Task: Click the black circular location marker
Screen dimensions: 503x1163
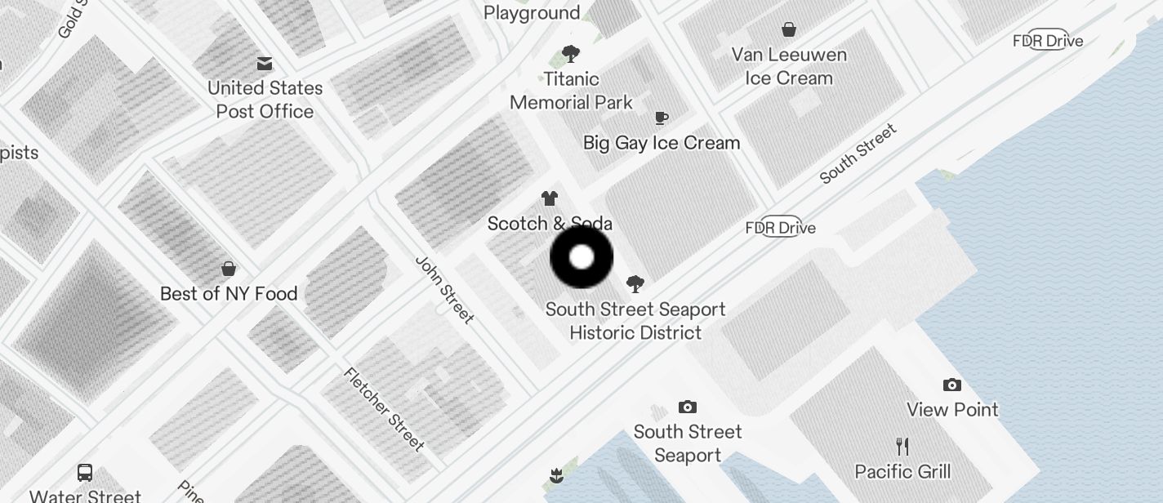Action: (581, 257)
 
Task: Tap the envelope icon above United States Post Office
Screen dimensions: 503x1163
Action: (265, 64)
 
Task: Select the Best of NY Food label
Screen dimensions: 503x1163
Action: (229, 294)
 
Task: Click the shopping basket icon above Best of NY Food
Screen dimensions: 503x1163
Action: (229, 269)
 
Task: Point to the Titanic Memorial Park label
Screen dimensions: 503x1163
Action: (571, 91)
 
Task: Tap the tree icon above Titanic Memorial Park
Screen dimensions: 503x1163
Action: (571, 55)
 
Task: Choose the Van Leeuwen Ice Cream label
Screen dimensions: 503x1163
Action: (789, 66)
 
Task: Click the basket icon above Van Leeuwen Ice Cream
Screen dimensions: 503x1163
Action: (789, 30)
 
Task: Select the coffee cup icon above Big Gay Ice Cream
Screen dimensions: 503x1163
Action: (662, 118)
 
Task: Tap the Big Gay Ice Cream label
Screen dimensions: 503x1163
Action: (662, 143)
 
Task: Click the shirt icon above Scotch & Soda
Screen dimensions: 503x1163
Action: (550, 198)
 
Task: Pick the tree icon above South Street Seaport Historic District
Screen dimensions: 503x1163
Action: (635, 284)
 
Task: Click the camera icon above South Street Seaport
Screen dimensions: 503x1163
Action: (688, 407)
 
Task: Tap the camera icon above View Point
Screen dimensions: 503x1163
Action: (952, 385)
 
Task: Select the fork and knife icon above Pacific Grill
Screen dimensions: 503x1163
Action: (902, 447)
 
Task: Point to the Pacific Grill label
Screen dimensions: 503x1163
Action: (902, 471)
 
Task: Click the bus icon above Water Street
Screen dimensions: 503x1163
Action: (85, 472)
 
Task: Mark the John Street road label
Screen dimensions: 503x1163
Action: (445, 289)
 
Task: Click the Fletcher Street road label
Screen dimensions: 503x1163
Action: (384, 410)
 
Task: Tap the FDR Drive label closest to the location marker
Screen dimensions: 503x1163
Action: (781, 228)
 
